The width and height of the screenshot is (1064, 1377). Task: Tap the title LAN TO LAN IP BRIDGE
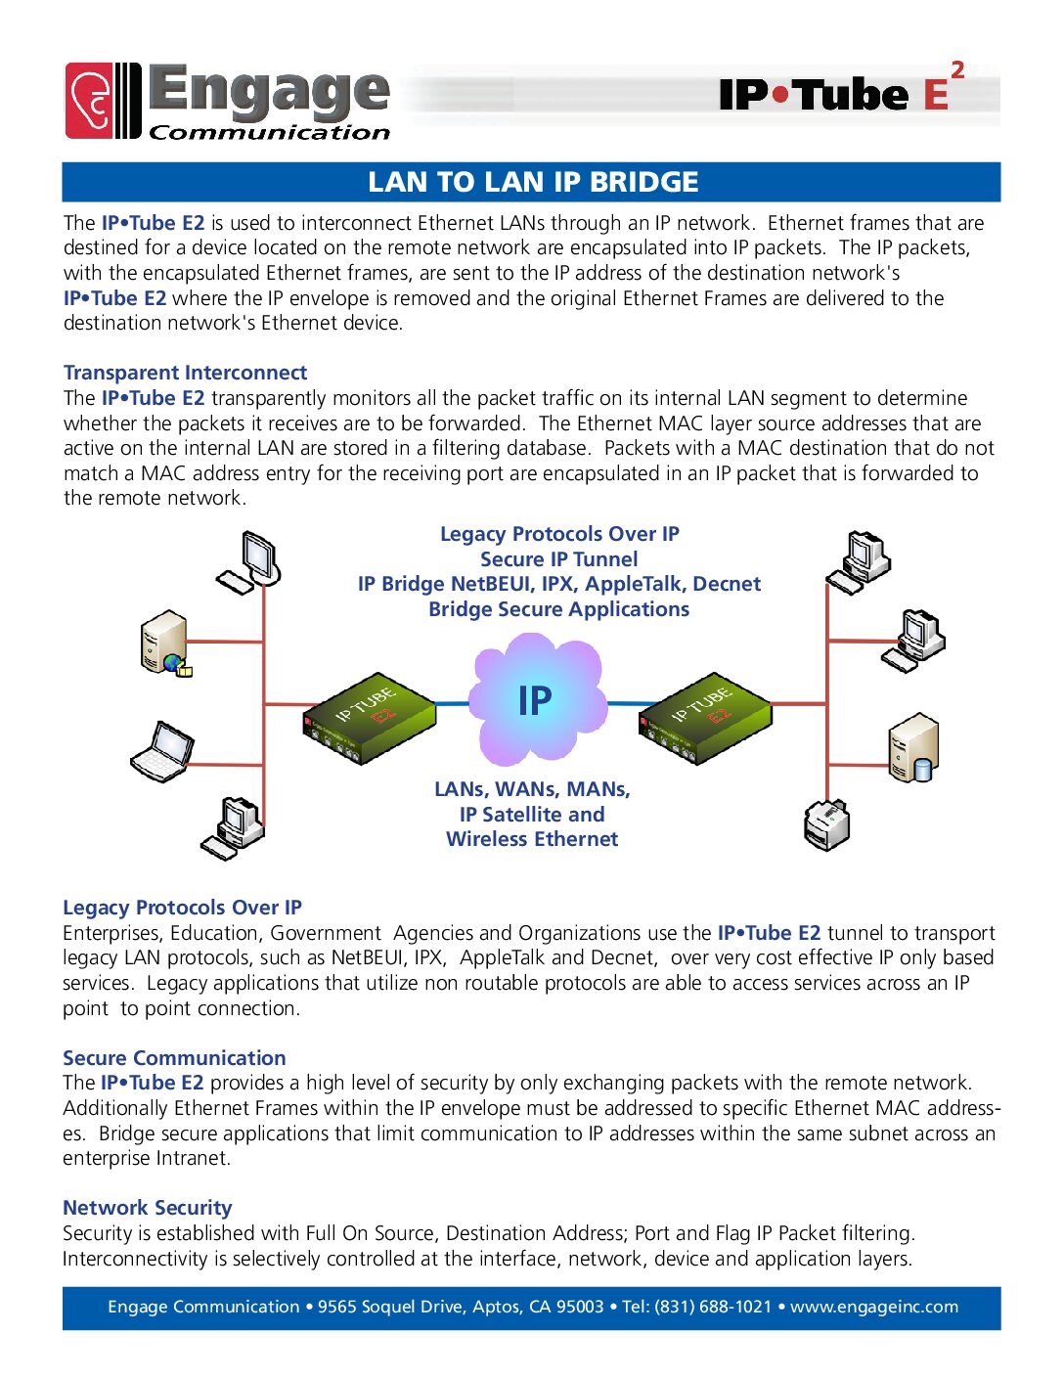click(x=533, y=182)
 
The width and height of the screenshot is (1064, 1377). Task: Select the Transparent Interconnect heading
click(x=185, y=373)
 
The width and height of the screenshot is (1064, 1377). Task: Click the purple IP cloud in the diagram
click(x=536, y=700)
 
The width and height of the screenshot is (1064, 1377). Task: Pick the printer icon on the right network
click(x=826, y=824)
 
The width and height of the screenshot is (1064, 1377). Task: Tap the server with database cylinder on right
click(x=913, y=748)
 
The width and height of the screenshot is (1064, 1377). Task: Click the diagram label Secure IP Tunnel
click(x=558, y=559)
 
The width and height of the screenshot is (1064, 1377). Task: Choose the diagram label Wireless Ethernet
click(x=532, y=839)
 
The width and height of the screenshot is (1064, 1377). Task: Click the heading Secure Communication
click(x=174, y=1058)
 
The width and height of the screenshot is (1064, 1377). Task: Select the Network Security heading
click(x=147, y=1208)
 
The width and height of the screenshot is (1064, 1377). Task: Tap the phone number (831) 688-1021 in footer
click(x=713, y=1307)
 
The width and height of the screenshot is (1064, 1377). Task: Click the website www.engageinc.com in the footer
click(x=873, y=1307)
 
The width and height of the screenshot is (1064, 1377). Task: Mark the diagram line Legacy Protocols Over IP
click(x=559, y=534)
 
